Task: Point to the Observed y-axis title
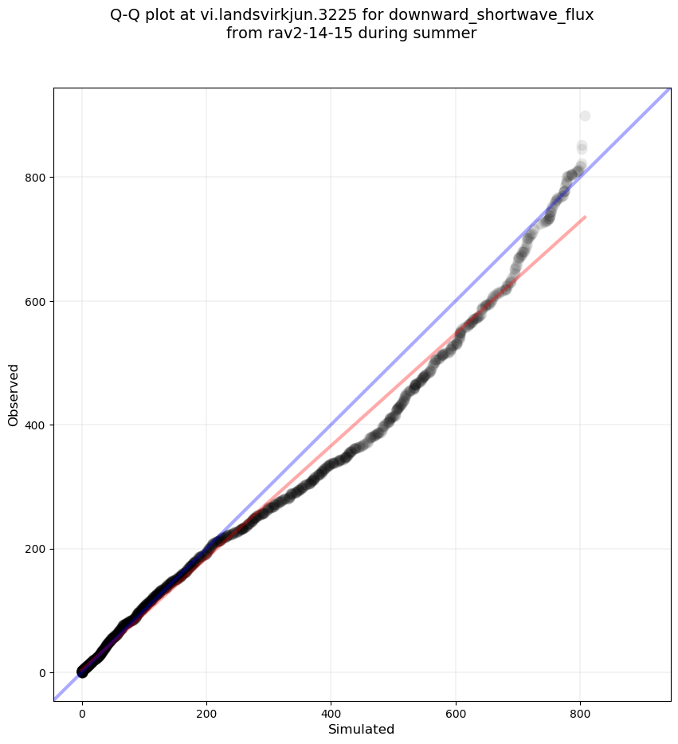pyautogui.click(x=14, y=394)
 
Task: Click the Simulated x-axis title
pyautogui.click(x=362, y=729)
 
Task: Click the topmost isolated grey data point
pyautogui.click(x=585, y=116)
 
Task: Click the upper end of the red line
pyautogui.click(x=585, y=217)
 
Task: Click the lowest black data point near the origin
pyautogui.click(x=82, y=672)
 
